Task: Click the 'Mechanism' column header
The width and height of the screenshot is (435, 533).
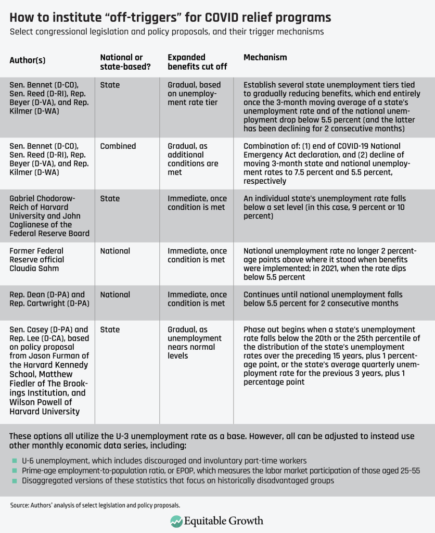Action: tap(265, 57)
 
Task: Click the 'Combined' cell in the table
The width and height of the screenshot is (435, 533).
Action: tap(118, 146)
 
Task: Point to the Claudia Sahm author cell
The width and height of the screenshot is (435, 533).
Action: tap(37, 259)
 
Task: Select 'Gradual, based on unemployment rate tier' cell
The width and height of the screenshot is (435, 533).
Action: tap(194, 94)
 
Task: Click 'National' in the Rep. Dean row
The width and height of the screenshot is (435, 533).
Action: tap(115, 295)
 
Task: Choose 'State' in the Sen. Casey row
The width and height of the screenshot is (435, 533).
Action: tap(110, 329)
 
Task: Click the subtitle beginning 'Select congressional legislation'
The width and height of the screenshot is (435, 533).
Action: tap(167, 32)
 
